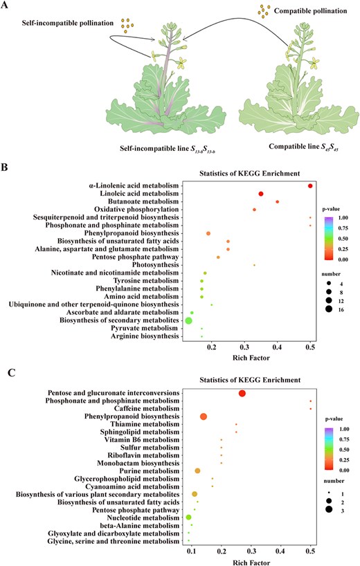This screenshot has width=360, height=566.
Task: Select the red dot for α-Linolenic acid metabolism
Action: pyautogui.click(x=311, y=185)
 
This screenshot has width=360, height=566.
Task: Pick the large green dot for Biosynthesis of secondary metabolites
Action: pyautogui.click(x=188, y=321)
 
